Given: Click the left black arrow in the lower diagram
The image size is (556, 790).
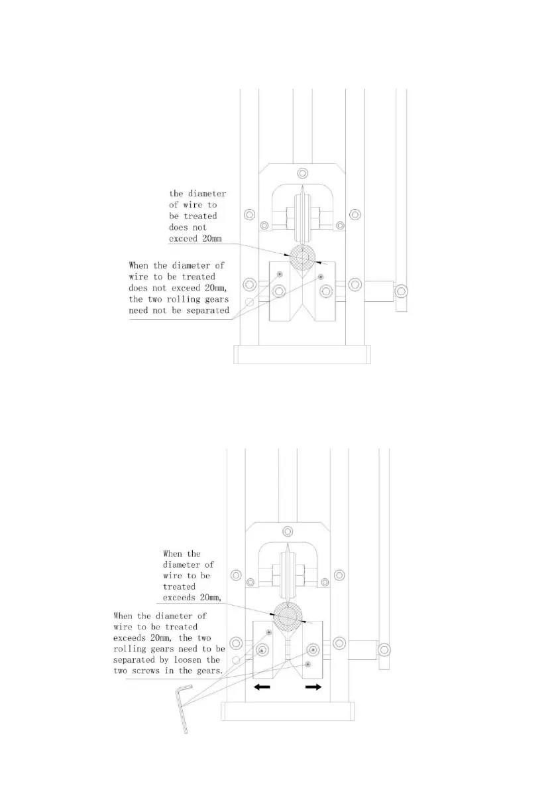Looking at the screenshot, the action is [x=262, y=688].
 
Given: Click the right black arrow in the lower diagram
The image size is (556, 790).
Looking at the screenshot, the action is [x=313, y=688].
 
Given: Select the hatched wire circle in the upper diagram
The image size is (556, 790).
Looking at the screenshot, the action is [x=302, y=258].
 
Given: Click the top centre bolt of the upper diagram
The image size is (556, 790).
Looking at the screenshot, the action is [x=302, y=174].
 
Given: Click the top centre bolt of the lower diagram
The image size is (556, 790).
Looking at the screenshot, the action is [x=287, y=532].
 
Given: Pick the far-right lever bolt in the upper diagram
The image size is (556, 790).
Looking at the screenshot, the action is [x=401, y=291].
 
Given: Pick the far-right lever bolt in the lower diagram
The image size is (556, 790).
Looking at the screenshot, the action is [x=384, y=649].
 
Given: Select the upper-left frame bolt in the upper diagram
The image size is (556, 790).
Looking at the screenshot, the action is [x=249, y=214].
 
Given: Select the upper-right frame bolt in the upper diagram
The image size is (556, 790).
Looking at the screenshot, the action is [x=356, y=214].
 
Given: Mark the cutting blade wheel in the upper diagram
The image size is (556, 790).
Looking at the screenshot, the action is [x=302, y=216].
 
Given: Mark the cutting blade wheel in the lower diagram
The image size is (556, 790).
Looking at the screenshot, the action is [x=287, y=574].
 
